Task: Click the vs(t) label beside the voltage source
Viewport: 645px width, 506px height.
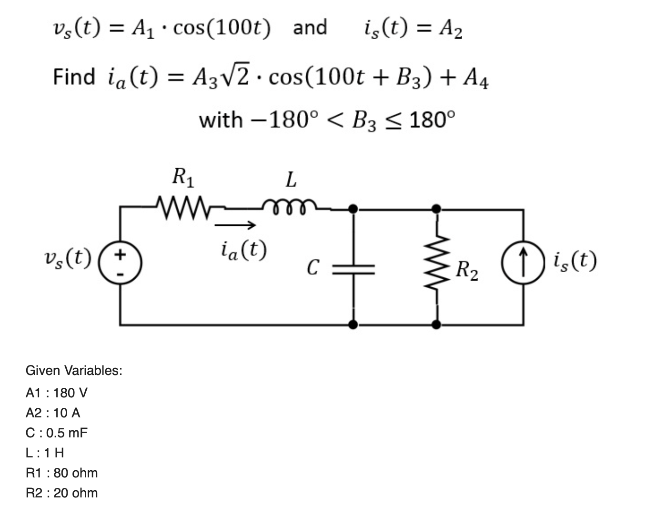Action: coord(67,259)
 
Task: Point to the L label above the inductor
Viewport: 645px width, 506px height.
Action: coord(291,180)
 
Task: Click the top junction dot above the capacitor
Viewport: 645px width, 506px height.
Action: coord(353,209)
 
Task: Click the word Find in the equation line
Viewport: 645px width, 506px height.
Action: coord(74,77)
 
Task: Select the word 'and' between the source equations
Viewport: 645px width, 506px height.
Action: coord(310,28)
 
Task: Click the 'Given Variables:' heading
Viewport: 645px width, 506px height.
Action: coord(74,370)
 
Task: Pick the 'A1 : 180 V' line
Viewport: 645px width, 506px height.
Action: coord(56,393)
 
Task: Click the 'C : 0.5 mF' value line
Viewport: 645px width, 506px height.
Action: coord(56,433)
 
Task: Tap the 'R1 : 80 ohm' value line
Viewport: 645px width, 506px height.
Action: coord(61,473)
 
